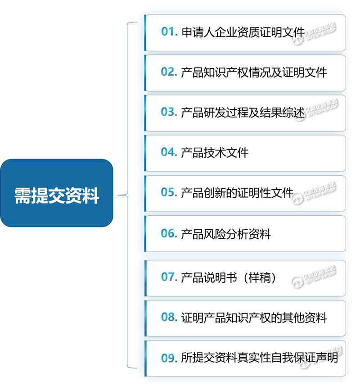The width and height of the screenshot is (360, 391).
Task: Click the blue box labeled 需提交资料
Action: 57,193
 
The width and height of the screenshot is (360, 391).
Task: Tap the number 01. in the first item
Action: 169,32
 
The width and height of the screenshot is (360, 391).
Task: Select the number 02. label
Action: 169,72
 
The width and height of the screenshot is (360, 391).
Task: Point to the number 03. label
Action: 169,112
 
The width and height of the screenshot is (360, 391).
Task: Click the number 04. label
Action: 169,152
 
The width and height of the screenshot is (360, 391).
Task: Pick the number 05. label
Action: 169,192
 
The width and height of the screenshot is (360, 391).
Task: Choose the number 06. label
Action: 169,233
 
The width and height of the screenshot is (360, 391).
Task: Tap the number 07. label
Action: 169,277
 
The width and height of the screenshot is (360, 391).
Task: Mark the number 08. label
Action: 169,317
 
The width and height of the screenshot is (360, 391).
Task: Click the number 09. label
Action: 169,358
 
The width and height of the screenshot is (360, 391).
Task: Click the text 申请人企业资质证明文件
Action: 243,32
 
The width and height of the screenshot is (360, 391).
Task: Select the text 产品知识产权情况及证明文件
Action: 254,73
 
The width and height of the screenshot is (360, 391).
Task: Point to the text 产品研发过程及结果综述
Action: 243,113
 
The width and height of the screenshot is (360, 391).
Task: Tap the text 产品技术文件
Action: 215,153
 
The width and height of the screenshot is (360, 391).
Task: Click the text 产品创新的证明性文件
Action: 237,193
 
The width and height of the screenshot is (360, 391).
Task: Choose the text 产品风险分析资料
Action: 226,234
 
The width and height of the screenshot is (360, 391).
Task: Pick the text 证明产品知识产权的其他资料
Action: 254,318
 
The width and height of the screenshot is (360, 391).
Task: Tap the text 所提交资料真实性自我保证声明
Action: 259,358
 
